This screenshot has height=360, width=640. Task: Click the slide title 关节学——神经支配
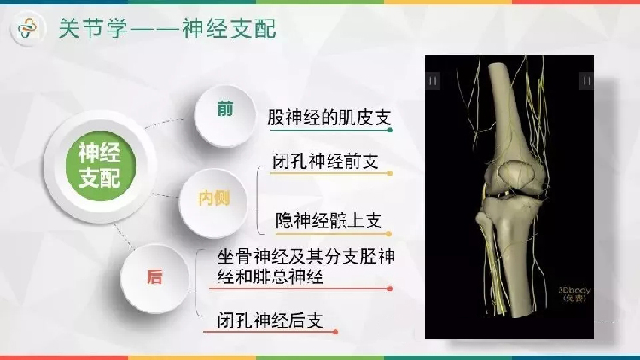coord(167,28)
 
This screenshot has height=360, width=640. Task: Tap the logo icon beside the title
coord(28,28)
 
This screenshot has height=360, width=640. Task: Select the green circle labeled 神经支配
coord(100,165)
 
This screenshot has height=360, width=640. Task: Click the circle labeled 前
coord(225,115)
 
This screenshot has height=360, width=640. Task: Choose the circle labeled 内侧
coord(213,203)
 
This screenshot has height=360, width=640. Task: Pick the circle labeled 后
coord(154,278)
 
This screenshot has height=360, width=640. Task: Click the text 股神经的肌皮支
coord(329,118)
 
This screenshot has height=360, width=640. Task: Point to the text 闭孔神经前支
coord(325,161)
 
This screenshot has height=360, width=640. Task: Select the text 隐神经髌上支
coord(329,221)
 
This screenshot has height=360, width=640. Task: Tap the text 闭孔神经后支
coord(270,321)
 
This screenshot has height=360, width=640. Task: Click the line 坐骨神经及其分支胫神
coord(305,257)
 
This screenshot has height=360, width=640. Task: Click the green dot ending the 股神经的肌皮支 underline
coord(390,130)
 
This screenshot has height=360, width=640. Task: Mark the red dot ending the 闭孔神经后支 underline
coord(335,332)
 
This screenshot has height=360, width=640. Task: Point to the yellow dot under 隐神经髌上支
coord(388,234)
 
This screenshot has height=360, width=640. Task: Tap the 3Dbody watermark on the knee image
coord(574,294)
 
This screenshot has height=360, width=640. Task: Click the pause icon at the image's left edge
coord(433,80)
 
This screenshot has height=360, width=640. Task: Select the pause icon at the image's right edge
coord(586,80)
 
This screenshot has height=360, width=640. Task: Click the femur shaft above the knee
coord(509,106)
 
